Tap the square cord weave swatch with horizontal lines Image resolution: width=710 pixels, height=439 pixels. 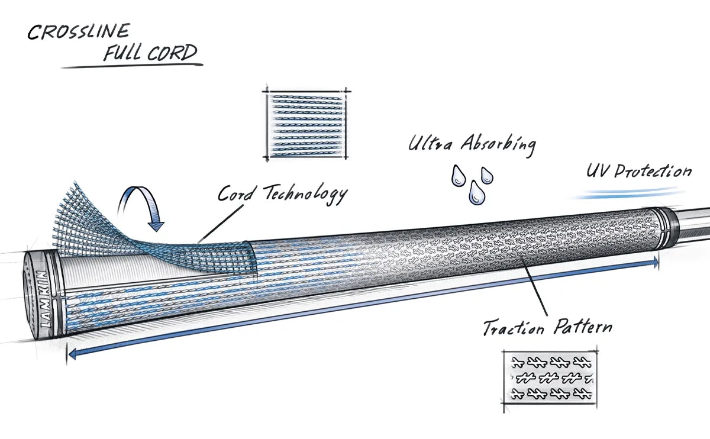pos(306,124)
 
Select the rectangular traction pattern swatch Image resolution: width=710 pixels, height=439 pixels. pos(550,377)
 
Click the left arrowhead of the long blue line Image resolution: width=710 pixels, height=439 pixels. pos(72,354)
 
